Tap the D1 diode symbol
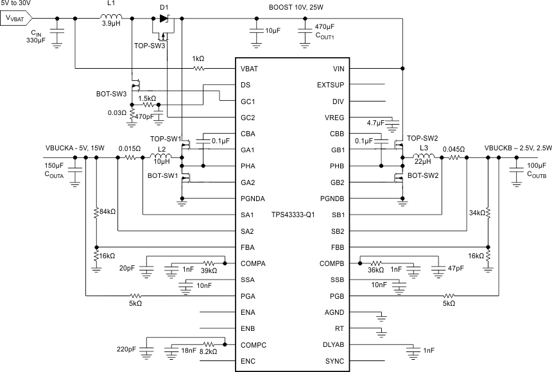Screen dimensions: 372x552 click(164, 18)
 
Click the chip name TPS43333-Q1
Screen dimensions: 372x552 click(293, 214)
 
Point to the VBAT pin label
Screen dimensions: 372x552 click(250, 68)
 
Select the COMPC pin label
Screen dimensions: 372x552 click(253, 345)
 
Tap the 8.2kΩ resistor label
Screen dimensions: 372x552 click(208, 352)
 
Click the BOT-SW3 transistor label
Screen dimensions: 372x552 click(111, 93)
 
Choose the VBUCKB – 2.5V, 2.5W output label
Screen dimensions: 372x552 click(517, 147)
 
